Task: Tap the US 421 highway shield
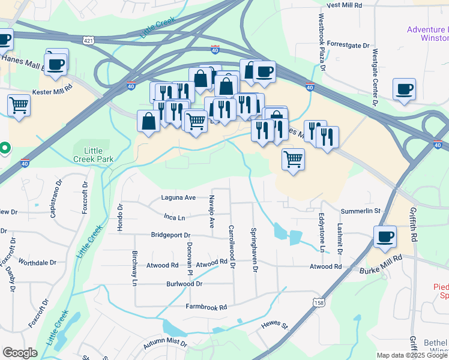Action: tap(89, 40)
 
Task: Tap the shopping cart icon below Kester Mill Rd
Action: tap(19, 106)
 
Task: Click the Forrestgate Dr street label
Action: tap(349, 45)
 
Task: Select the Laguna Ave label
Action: tap(178, 197)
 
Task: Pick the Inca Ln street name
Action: tap(174, 217)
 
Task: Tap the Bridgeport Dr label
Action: tap(170, 235)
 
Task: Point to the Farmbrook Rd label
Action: tap(206, 307)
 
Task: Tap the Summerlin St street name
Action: tap(361, 211)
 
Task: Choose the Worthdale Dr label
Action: tap(37, 263)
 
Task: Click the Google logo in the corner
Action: tap(20, 353)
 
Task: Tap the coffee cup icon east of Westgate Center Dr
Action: tap(404, 89)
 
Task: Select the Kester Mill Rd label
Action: tap(52, 86)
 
